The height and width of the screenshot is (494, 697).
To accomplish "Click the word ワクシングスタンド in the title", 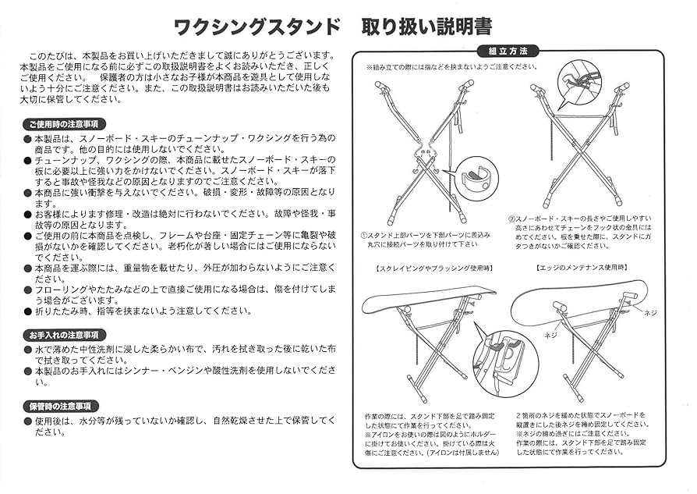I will click(257, 27).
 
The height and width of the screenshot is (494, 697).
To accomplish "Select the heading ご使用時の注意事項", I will click(64, 124).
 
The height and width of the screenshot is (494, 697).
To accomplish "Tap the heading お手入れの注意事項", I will click(64, 335).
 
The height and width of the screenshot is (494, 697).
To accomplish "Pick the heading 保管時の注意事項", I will click(61, 407).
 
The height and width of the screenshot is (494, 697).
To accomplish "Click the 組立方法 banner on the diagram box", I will click(513, 52).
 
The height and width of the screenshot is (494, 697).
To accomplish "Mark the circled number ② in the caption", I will click(512, 219).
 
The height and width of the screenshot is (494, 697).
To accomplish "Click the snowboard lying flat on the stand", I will click(429, 296).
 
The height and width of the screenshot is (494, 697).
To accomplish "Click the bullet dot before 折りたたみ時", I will click(28, 311).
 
